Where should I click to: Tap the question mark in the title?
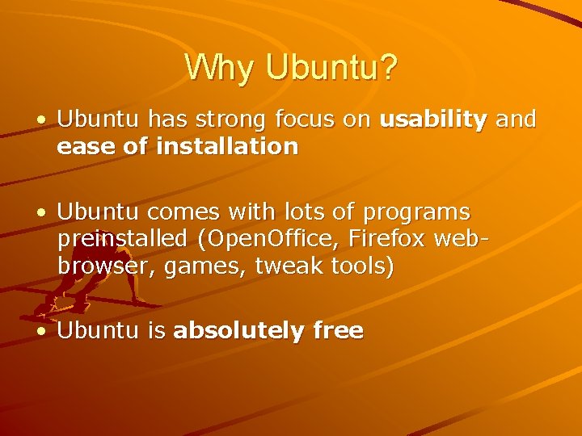(x=387, y=68)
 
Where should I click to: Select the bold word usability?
(x=433, y=120)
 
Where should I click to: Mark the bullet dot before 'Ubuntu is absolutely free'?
(x=40, y=331)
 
